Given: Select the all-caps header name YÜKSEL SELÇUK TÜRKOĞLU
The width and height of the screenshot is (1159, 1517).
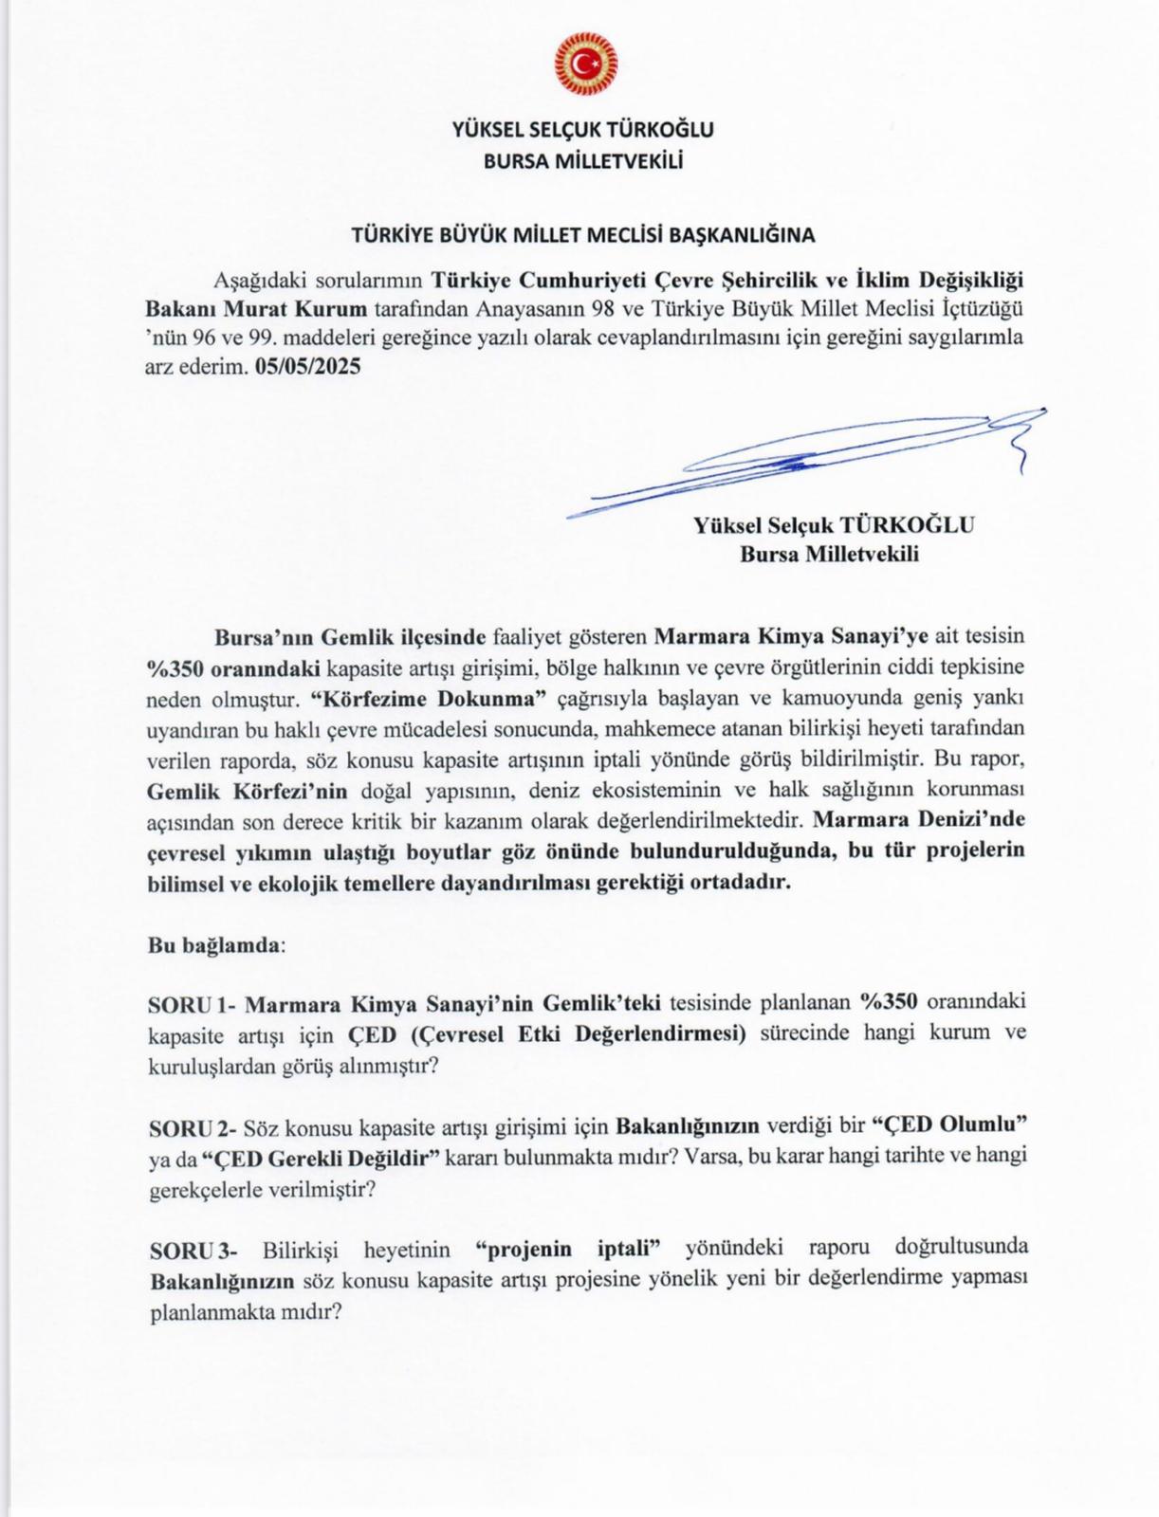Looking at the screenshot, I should coord(583,130).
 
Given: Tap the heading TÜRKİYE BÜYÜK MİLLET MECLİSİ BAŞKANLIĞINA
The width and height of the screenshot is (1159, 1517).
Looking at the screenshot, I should coord(583,234).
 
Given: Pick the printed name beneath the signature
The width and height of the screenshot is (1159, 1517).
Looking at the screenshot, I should coord(834,525).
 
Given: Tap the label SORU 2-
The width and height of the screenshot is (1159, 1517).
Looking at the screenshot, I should coord(192,1128).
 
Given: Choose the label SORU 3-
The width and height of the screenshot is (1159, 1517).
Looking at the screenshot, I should coord(193,1250).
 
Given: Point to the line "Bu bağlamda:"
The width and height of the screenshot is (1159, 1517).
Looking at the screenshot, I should coord(216,945).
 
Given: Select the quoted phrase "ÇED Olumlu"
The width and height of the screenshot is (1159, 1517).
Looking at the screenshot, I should coord(950,1125).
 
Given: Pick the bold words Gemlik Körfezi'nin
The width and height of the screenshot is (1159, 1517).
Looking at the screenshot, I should coord(248,790).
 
